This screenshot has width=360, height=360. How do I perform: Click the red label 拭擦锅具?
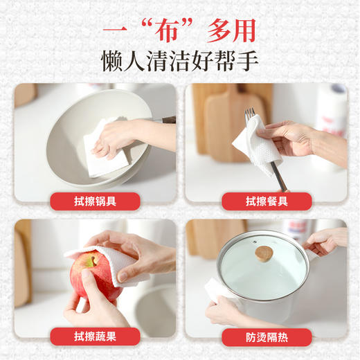[x=95, y=201]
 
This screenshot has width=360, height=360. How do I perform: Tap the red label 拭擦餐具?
[x=266, y=201]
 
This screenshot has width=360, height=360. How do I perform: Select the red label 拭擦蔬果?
[x=95, y=337]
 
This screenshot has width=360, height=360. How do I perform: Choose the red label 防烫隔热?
[x=266, y=337]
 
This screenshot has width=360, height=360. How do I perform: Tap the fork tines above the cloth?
[x=250, y=114]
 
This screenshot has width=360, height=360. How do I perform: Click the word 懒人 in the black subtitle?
[x=125, y=60]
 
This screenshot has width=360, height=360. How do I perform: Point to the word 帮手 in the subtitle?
[x=236, y=60]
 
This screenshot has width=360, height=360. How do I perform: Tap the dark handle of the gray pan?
[x=166, y=120]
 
